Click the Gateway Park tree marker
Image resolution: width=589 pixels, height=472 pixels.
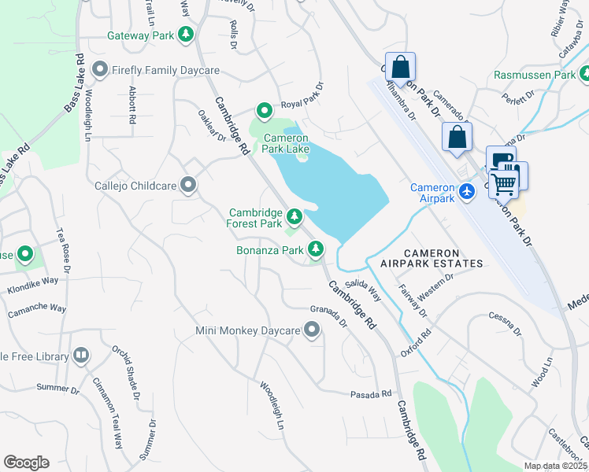pyautogui.click(x=186, y=35)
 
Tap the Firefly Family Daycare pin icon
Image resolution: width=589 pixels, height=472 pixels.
pyautogui.click(x=100, y=70)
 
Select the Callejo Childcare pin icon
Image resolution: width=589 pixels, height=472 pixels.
pyautogui.click(x=188, y=185)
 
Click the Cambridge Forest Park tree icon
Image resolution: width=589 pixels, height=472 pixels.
pyautogui.click(x=294, y=216)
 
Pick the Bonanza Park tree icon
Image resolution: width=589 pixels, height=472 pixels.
pyautogui.click(x=316, y=249)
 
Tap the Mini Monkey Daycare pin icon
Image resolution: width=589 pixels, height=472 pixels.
pyautogui.click(x=312, y=330)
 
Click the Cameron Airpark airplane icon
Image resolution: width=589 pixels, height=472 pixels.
pyautogui.click(x=468, y=191)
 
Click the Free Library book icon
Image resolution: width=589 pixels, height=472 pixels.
pyautogui.click(x=80, y=356)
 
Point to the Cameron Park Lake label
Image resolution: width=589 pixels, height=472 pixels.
pyautogui.click(x=281, y=142)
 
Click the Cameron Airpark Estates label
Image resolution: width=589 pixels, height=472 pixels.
pyautogui.click(x=443, y=257)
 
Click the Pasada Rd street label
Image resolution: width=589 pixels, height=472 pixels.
pyautogui.click(x=372, y=393)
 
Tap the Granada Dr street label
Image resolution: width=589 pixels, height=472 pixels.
pyautogui.click(x=328, y=315)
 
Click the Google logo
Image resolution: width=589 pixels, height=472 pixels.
pyautogui.click(x=26, y=463)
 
